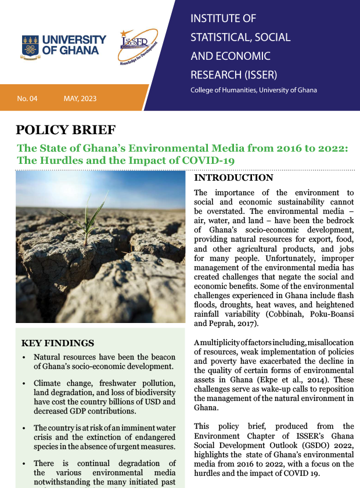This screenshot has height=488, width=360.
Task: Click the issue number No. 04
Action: (27, 99)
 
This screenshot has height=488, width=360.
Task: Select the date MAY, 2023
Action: (80, 99)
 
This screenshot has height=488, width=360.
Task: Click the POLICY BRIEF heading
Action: (66, 130)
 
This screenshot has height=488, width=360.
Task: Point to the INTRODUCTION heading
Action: (233, 178)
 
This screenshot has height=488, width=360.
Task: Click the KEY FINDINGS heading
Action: (57, 343)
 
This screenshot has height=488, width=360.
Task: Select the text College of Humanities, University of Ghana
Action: (253, 91)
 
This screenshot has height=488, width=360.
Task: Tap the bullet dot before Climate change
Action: (23, 384)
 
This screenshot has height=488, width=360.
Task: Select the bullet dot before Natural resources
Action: (23, 357)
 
